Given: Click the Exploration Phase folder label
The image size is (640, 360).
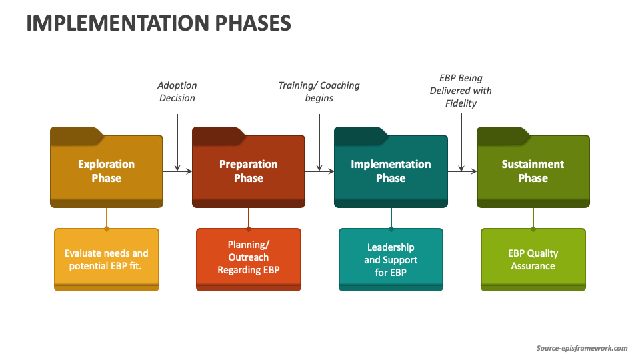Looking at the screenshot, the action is tap(106, 171).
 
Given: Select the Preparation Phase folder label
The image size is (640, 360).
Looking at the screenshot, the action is tap(248, 171).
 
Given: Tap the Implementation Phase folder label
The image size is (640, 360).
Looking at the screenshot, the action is tap(391, 171).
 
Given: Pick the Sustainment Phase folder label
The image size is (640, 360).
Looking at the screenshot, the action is tap(533, 171).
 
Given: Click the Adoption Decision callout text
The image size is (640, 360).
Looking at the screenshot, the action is tap(177, 91).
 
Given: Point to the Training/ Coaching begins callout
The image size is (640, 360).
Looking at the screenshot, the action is tap(319, 91).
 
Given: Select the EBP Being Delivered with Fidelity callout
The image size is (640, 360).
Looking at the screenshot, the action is tap(461, 91).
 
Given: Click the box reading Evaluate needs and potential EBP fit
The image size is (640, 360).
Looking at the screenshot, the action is tap(107, 259).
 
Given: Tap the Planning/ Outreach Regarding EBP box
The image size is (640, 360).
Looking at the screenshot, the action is tap(249, 259).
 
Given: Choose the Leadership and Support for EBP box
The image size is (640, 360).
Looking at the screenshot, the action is tap(391, 259).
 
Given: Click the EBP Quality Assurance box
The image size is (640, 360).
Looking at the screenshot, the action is tap(533, 259).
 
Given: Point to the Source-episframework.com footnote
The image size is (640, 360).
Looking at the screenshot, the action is tap(581, 348).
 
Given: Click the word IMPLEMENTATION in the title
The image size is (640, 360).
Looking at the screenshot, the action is tap(117, 23).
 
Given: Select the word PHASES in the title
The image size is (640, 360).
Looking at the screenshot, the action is tap(253, 23).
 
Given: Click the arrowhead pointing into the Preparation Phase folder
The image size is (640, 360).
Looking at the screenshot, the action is tap(189, 171).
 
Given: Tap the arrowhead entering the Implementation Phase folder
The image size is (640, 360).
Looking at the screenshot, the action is tap(331, 171).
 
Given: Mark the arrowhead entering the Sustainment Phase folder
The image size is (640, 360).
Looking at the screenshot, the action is tap(473, 171).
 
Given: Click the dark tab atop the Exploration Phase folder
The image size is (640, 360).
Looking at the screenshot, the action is tap(76, 135).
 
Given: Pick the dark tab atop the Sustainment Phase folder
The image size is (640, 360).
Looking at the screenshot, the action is tap(503, 135).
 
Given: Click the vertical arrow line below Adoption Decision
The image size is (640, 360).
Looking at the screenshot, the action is tap(177, 143).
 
